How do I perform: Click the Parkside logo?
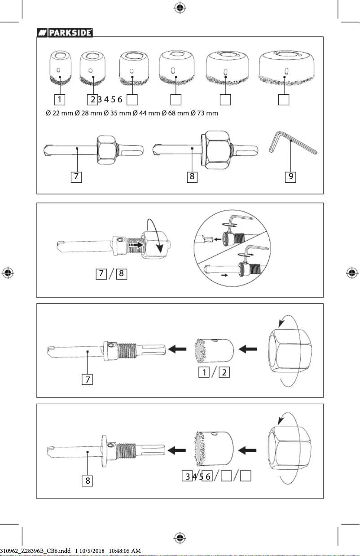coord(65,32)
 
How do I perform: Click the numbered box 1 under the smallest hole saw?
coord(59,99)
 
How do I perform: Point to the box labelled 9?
coord(291,177)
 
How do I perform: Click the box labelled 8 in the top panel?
coord(192,177)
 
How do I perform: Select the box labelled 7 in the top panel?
coord(77,177)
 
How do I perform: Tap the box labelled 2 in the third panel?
coord(224,372)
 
